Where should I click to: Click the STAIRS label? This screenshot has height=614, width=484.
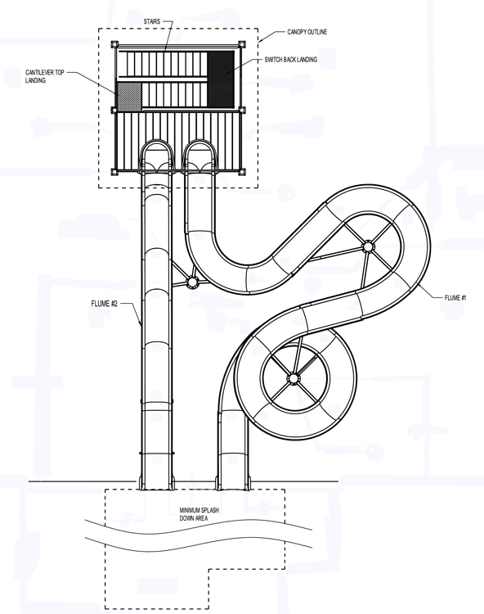point(152,21)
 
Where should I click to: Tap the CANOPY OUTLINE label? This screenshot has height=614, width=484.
point(307,32)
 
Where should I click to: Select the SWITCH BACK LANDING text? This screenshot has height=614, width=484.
point(290,60)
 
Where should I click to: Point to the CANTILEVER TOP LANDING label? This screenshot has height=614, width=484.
point(45,76)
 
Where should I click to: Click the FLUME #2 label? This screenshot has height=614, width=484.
point(104,304)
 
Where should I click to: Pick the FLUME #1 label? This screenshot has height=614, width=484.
point(455,298)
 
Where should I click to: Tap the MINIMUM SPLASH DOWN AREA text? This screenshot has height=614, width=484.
point(199,514)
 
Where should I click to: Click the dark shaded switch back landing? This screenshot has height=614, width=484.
point(221,79)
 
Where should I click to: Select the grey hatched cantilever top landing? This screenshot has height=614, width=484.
point(129,96)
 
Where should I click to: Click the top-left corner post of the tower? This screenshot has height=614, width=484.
point(114,44)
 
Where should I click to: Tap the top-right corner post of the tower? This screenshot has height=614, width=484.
point(242,44)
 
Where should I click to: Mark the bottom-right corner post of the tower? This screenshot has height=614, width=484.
point(242,171)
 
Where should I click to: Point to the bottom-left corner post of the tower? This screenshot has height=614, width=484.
point(114,171)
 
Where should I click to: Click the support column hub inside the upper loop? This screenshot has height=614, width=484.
point(368,247)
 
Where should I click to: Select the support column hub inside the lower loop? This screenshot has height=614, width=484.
point(294,378)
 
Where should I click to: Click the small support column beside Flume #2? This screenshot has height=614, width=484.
point(191,282)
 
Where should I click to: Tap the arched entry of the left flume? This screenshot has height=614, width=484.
point(156,156)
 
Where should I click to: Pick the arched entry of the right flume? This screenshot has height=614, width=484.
point(199,156)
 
